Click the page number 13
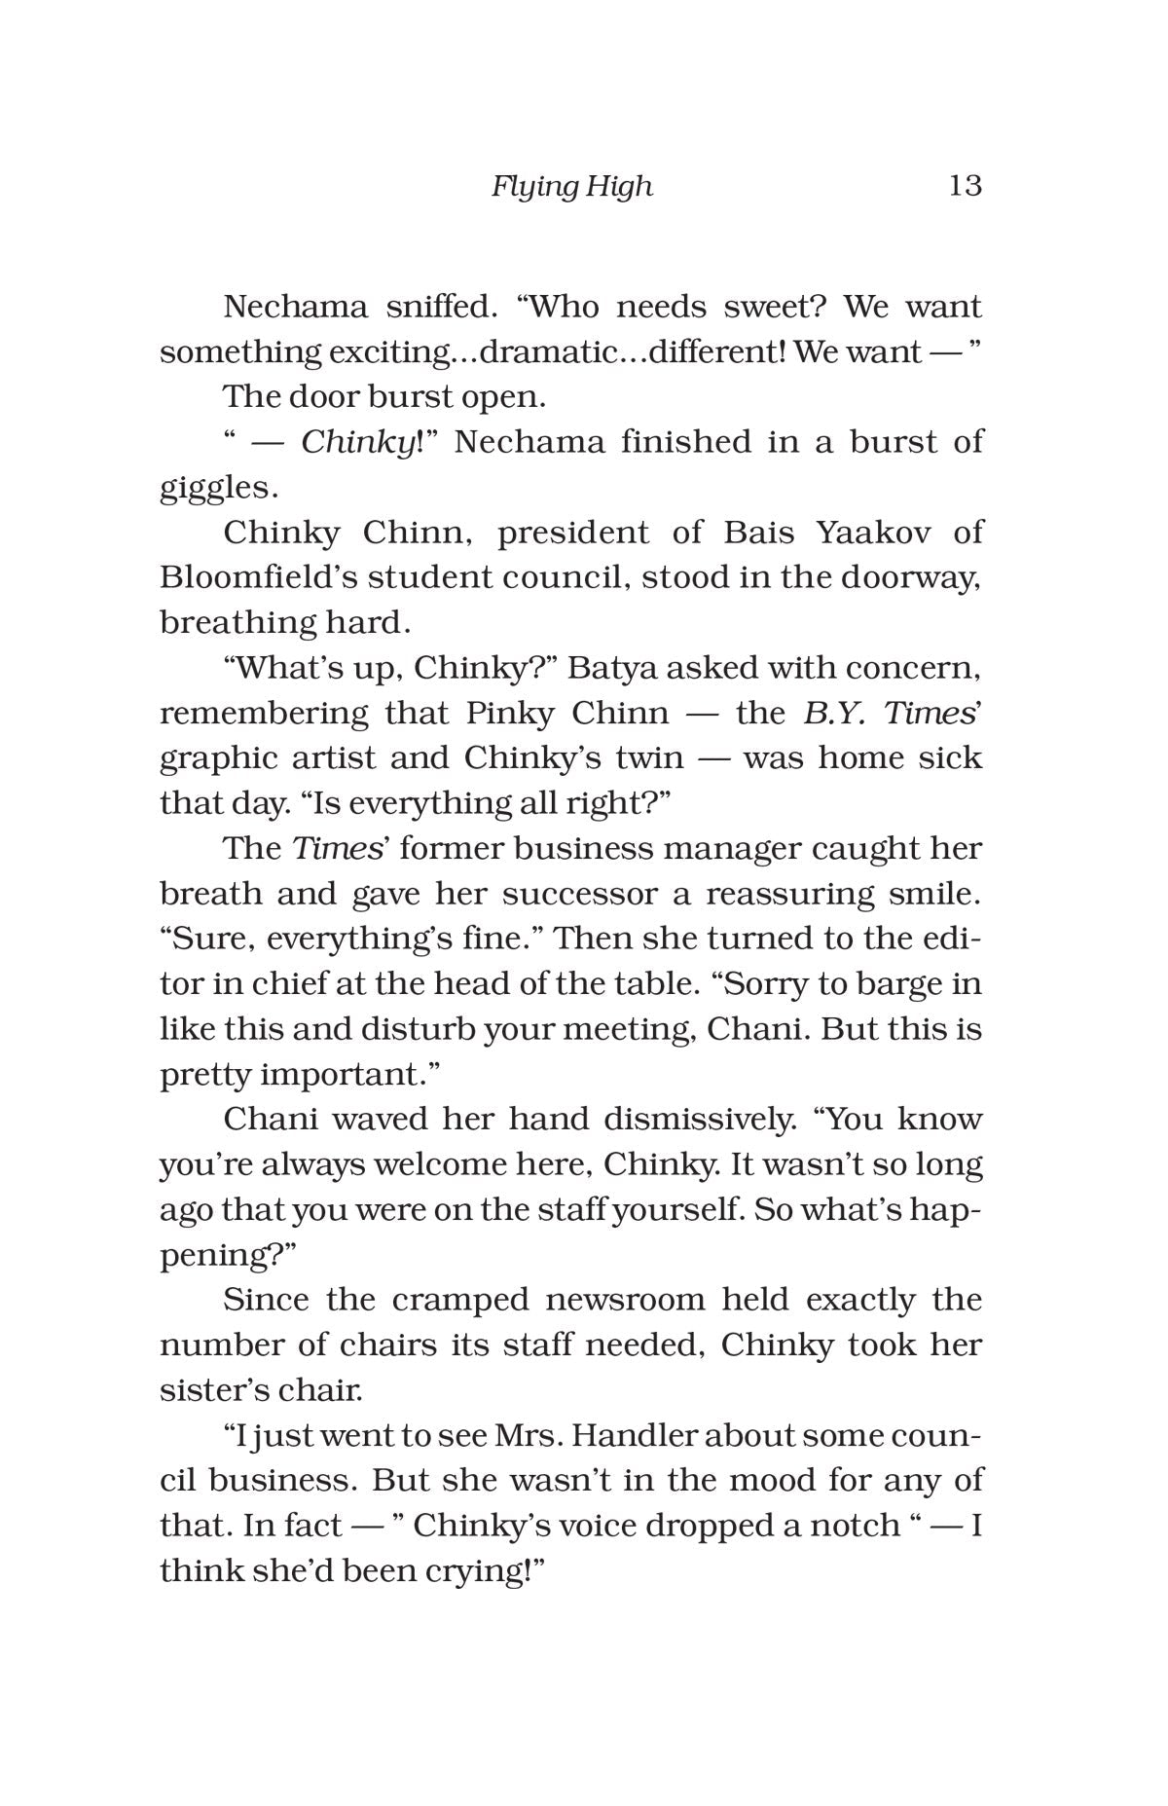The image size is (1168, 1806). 965,185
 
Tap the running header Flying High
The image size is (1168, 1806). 571,186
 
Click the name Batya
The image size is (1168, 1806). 609,668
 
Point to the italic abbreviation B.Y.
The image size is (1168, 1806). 837,713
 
